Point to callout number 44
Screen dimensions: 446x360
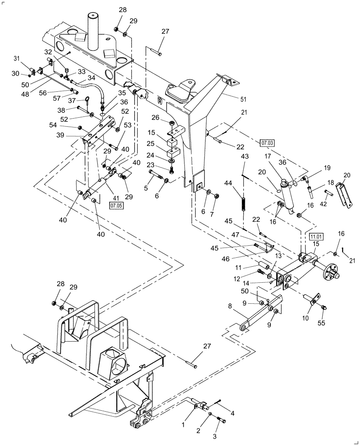tap(241, 183)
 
